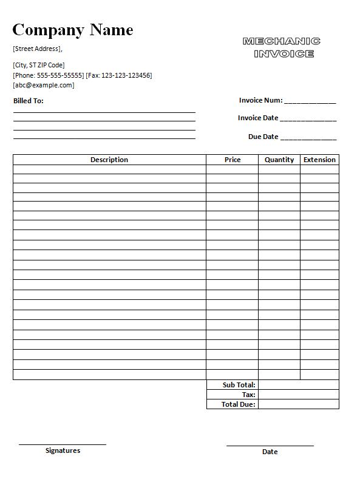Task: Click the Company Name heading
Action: (x=72, y=30)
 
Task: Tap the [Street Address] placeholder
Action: (x=37, y=49)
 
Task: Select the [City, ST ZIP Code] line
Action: (x=39, y=65)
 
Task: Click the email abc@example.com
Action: (x=44, y=85)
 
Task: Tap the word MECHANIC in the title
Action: (x=281, y=41)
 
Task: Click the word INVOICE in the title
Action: (x=284, y=53)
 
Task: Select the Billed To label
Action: (x=29, y=101)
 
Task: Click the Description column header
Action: (x=109, y=160)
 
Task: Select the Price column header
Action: (x=233, y=160)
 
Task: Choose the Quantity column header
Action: (x=279, y=160)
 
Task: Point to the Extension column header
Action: (x=319, y=160)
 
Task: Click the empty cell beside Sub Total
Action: (x=298, y=385)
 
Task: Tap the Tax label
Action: (x=248, y=395)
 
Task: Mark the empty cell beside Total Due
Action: (x=298, y=404)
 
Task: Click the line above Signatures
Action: (x=63, y=444)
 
